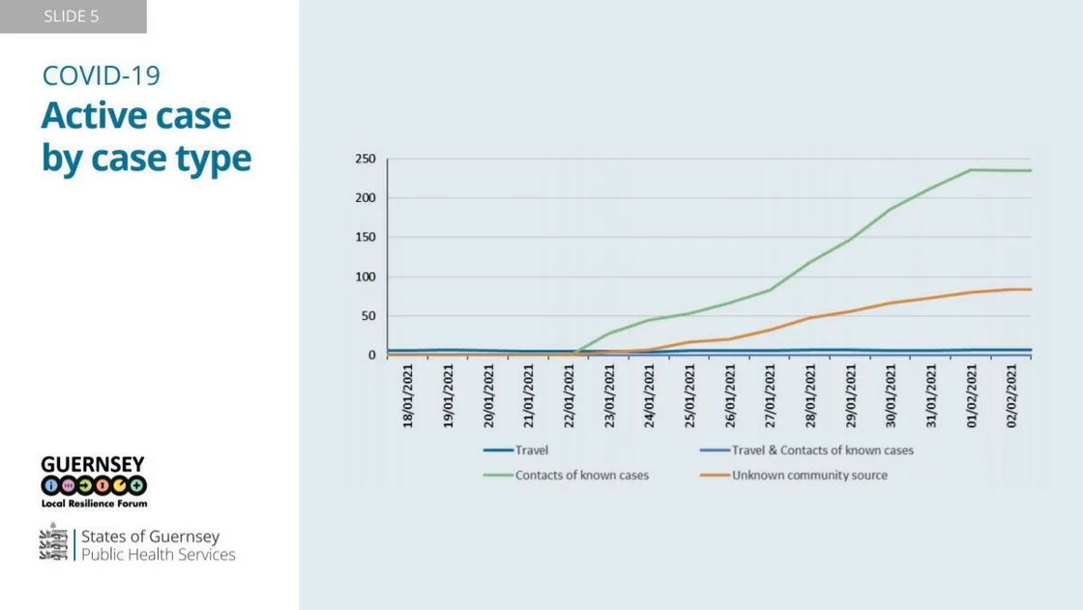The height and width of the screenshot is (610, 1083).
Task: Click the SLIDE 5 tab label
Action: point(72,16)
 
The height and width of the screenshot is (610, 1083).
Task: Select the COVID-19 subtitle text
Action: point(101,76)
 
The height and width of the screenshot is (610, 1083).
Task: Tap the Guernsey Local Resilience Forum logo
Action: point(94,481)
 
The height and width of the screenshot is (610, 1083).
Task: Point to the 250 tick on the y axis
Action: point(366,159)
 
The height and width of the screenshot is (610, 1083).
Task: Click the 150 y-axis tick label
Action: point(366,238)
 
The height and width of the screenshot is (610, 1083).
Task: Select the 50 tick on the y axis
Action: point(369,316)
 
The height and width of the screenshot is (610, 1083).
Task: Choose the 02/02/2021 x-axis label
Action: point(1012,395)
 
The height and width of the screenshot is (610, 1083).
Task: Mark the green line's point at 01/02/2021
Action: point(971,170)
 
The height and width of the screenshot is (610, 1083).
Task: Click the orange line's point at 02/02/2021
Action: point(1011,289)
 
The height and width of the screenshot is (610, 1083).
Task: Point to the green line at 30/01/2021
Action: point(891,209)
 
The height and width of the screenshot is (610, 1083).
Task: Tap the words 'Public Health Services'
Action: point(159,555)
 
